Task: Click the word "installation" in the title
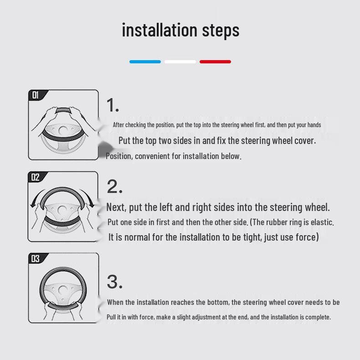click(159, 30)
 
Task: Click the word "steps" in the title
click(221, 31)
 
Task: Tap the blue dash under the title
click(145, 62)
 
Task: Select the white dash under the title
click(180, 62)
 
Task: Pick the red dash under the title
click(216, 62)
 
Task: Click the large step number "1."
click(113, 105)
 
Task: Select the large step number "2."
click(114, 186)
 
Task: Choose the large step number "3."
click(114, 282)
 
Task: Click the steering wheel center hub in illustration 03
click(63, 290)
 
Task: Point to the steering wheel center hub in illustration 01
click(63, 131)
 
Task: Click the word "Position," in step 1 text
click(119, 156)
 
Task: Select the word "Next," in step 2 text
click(116, 207)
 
